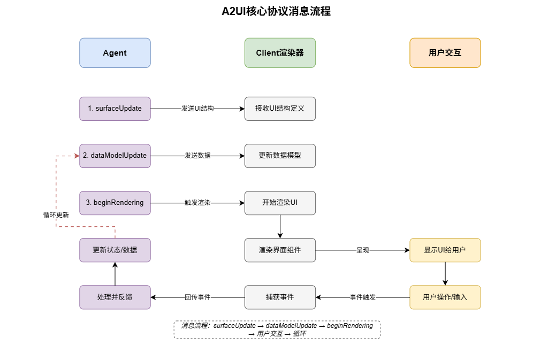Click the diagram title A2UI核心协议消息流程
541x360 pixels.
[276, 12]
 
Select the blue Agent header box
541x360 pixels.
[115, 53]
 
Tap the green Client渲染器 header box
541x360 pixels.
[280, 53]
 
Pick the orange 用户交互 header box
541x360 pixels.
[445, 53]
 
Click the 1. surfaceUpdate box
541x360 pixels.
[115, 109]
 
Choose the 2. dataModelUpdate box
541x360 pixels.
[115, 156]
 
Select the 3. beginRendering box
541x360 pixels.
[115, 203]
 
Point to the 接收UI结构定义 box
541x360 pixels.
[280, 109]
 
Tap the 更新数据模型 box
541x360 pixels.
[280, 156]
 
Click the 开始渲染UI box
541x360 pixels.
[280, 203]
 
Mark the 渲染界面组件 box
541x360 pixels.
[280, 250]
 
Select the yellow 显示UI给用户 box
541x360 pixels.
[445, 250]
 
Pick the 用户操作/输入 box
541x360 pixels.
[445, 297]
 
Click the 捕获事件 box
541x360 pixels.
[280, 297]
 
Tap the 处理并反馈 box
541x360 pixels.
[115, 297]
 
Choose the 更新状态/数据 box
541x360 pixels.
[115, 250]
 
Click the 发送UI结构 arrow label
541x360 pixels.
[197, 109]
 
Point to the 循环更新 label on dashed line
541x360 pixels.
[56, 215]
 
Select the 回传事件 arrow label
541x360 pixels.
[197, 297]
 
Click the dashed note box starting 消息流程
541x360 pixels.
[277, 330]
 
